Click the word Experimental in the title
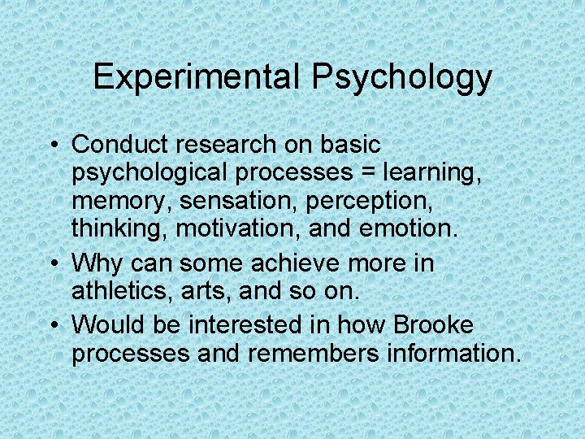197,78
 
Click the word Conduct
122,145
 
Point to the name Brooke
432,325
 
